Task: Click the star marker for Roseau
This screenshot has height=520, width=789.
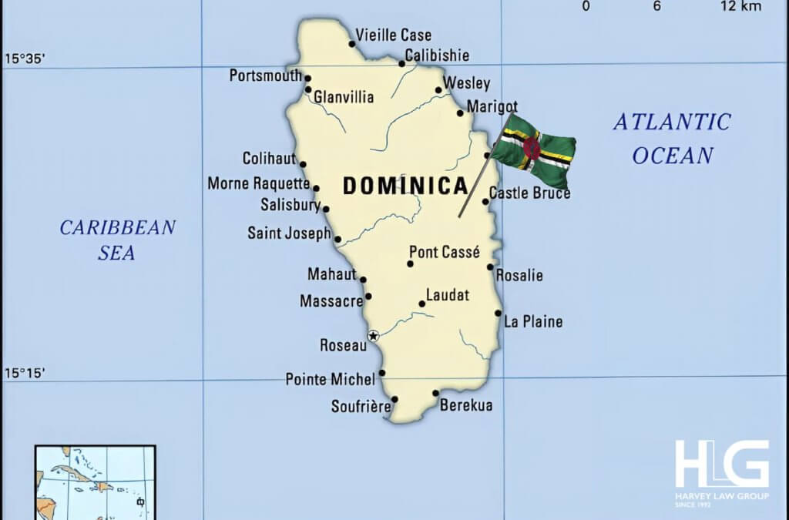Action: tap(374, 336)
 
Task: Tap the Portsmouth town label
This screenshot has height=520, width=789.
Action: tap(265, 75)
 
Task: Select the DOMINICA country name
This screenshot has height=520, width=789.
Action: tap(405, 186)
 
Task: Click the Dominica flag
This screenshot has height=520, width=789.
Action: tap(534, 149)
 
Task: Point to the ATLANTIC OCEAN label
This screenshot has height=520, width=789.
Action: tap(672, 138)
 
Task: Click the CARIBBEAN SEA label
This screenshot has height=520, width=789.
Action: tap(118, 240)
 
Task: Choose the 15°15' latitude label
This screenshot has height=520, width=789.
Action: tap(25, 373)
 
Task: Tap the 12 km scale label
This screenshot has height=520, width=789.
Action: tap(740, 7)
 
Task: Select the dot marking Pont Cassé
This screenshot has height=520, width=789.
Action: tap(410, 263)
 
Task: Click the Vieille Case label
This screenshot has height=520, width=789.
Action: tap(393, 35)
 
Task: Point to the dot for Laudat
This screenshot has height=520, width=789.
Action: tap(421, 304)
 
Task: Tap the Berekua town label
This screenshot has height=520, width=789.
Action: tap(466, 405)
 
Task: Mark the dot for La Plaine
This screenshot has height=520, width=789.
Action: tap(499, 314)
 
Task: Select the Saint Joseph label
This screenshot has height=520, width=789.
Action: tap(288, 233)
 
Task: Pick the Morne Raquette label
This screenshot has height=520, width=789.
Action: tap(259, 184)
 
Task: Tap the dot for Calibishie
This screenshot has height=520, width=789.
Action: tap(401, 63)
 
